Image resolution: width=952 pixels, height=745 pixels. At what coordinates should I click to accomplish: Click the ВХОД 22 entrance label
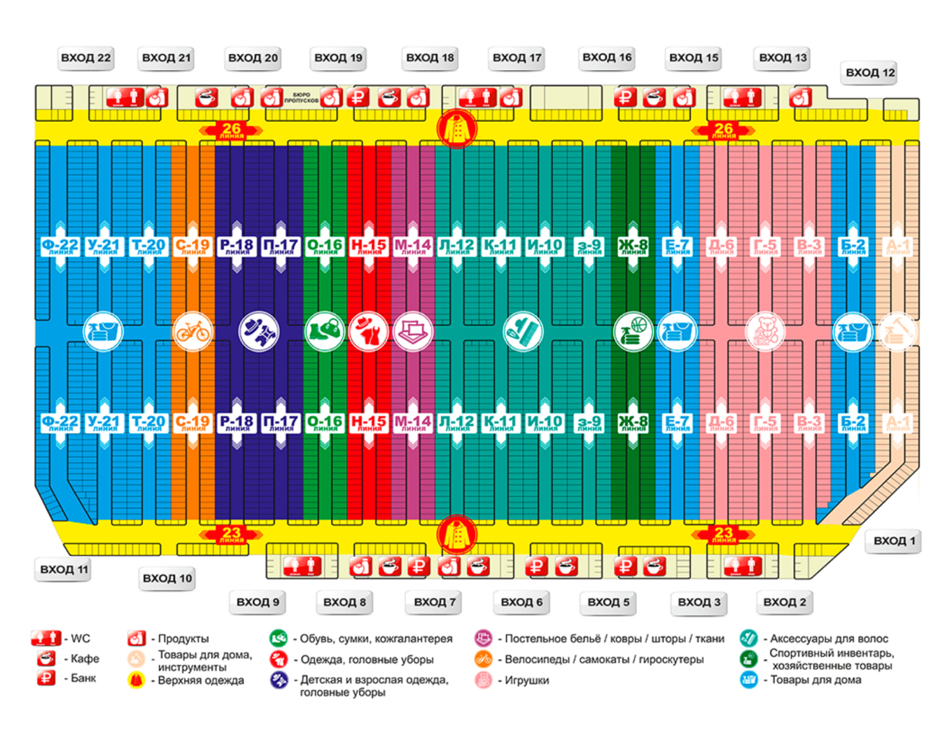tap(85, 58)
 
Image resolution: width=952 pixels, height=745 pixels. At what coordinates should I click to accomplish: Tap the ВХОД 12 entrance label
tap(869, 72)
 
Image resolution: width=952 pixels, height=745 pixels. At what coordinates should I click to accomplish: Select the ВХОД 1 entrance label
tap(894, 541)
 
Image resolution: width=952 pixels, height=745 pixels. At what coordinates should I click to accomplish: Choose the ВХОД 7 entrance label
tap(434, 602)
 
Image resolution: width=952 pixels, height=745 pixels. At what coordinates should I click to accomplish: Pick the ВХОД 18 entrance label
tap(430, 58)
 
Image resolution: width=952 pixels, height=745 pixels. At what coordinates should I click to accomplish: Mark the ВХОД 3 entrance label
tap(699, 602)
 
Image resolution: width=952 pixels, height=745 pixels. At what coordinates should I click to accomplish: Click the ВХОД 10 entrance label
tap(167, 578)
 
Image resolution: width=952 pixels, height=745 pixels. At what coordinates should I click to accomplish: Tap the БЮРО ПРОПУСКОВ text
tap(301, 97)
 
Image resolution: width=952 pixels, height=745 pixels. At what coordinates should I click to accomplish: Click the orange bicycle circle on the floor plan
tap(192, 331)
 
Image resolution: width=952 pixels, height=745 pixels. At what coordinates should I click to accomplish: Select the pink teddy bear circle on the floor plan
tap(765, 331)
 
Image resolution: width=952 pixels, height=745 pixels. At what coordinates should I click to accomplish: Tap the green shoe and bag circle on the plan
tap(325, 331)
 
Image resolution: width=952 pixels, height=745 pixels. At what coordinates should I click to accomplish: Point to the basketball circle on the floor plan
tap(633, 331)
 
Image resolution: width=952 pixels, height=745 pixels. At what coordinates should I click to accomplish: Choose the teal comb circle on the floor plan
tap(523, 331)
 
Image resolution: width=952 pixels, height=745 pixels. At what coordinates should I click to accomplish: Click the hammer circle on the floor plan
tap(897, 331)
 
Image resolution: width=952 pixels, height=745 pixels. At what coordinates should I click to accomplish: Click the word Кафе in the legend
tap(85, 659)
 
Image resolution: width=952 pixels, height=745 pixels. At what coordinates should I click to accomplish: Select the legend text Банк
tap(83, 678)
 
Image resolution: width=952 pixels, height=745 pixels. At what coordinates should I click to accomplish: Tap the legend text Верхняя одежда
tap(201, 680)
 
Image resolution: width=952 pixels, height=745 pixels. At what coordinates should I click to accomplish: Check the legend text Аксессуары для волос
tap(829, 639)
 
